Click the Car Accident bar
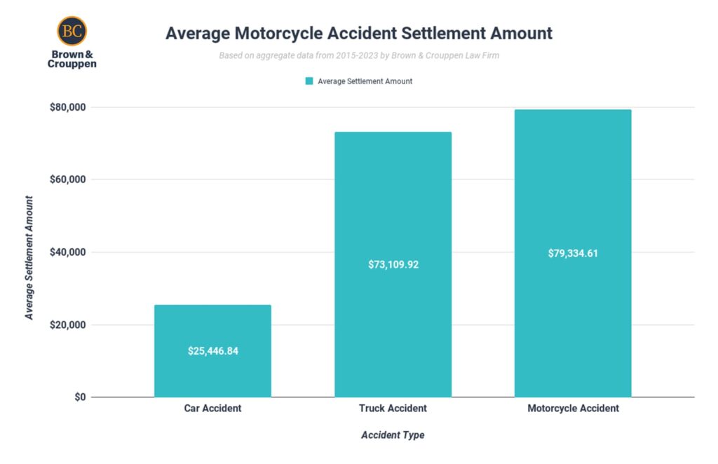212,322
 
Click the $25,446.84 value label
213,350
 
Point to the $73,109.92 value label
393,265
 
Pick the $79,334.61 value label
573,253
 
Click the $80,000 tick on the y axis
67,107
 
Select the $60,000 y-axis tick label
67,179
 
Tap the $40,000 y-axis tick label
67,252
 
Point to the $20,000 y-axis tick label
67,325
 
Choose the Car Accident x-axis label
212,408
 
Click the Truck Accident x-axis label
393,408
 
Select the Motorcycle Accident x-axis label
573,408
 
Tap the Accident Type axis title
393,435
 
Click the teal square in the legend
309,81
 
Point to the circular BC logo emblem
72,31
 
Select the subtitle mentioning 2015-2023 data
359,55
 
